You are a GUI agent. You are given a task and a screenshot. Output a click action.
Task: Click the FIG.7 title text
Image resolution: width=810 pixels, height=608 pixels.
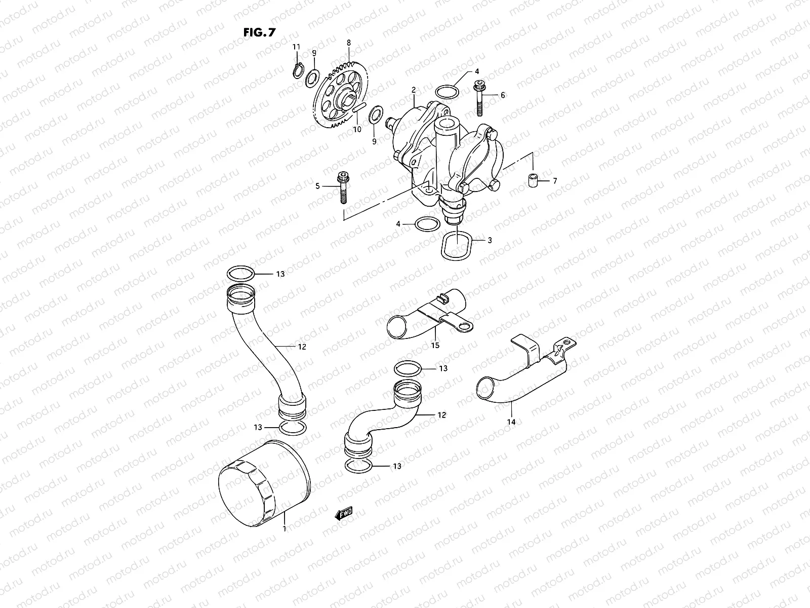259,33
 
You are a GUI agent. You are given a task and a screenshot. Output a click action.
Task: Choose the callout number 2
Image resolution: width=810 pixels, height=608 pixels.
413,89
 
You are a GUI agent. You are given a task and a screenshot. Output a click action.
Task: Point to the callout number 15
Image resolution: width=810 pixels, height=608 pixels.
435,345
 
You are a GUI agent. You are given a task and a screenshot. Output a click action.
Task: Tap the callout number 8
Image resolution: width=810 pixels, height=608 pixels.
348,44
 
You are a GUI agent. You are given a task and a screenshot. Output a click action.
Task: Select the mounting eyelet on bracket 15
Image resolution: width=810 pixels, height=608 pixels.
463,326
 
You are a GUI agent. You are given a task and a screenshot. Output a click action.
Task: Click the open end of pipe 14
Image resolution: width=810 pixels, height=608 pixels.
487,388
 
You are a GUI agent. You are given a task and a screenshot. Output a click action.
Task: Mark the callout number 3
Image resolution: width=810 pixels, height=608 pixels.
490,240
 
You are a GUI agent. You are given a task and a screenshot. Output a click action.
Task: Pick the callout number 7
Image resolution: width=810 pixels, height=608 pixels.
554,180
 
